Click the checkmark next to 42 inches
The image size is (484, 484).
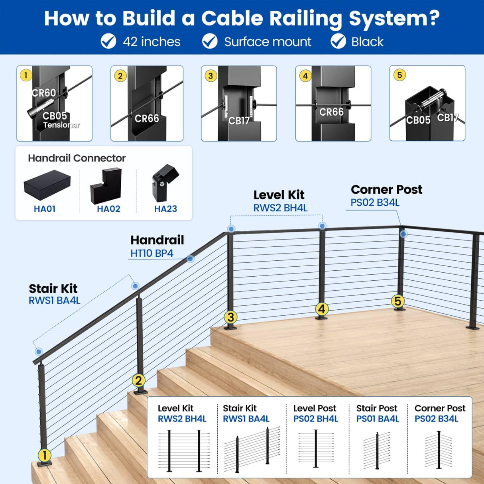click(108, 41)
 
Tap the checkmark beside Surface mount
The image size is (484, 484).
click(210, 41)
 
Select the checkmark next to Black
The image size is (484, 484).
click(338, 41)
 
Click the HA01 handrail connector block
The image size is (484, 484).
click(47, 185)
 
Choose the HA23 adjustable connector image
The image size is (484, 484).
click(165, 183)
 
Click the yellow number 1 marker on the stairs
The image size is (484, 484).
click(44, 455)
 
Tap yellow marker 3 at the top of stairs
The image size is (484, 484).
click(230, 317)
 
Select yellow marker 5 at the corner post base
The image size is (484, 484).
click(397, 301)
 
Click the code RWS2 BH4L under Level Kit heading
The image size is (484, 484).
click(280, 208)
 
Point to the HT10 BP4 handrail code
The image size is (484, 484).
click(151, 253)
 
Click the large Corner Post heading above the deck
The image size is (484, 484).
click(386, 189)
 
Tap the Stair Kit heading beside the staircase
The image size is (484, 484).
click(53, 288)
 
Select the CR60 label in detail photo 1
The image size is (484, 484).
click(44, 93)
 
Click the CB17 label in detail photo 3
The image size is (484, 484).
click(239, 120)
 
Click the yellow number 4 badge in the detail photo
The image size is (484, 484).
click(305, 76)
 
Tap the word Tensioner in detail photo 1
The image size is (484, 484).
click(61, 125)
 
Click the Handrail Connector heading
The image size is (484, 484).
click(77, 158)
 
